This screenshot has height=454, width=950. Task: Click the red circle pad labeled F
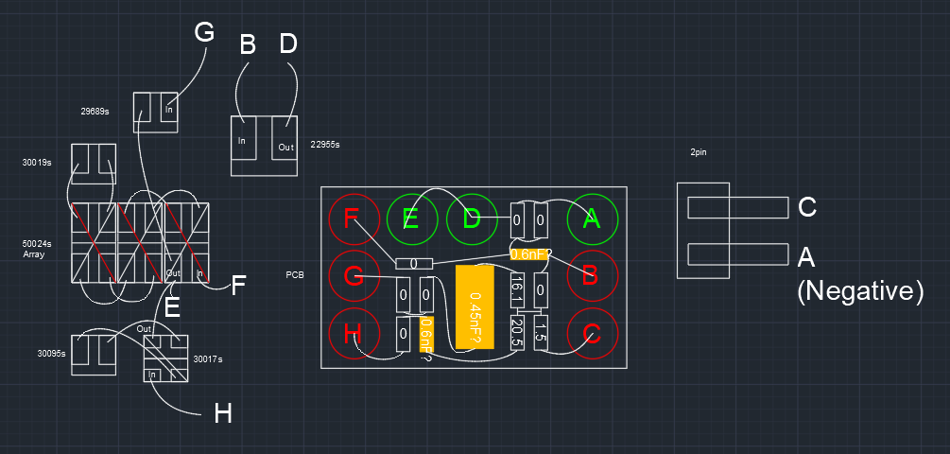[353, 219]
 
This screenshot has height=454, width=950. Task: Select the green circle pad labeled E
[411, 219]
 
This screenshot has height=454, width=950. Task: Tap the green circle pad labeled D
[472, 219]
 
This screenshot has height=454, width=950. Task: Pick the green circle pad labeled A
[592, 219]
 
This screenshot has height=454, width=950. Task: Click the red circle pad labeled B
[592, 276]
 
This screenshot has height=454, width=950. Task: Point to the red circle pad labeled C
[592, 334]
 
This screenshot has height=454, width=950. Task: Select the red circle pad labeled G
[353, 276]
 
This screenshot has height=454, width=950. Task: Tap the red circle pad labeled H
[353, 334]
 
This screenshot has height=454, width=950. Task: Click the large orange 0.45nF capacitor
[475, 307]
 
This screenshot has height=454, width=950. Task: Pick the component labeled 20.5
[517, 330]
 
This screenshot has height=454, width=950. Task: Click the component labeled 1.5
[541, 330]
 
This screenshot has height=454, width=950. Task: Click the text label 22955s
[324, 145]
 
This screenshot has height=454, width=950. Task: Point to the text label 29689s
[95, 111]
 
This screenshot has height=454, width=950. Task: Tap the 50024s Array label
[36, 249]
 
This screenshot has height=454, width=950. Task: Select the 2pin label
[700, 152]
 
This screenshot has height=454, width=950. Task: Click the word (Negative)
[859, 291]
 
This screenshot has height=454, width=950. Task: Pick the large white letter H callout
[223, 412]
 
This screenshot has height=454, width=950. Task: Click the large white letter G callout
[204, 32]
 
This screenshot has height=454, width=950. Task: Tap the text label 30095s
[51, 354]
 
